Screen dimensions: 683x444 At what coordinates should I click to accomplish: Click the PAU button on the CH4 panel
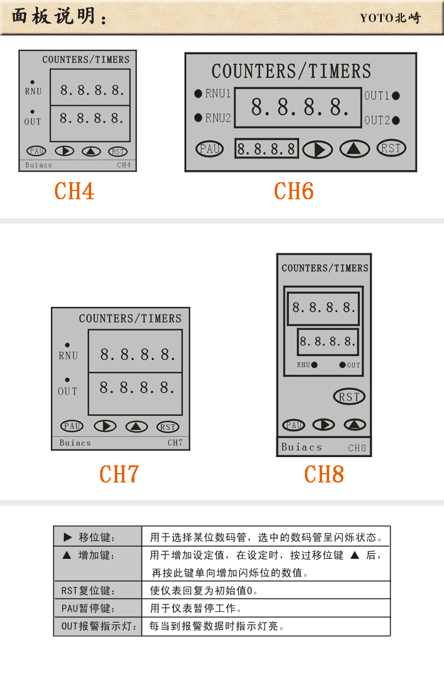pyautogui.click(x=36, y=151)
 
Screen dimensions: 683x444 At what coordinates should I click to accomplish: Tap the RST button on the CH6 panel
pyautogui.click(x=391, y=148)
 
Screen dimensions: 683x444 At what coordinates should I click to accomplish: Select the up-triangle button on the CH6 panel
pyautogui.click(x=355, y=149)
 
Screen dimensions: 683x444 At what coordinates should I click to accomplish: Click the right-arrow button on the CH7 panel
pyautogui.click(x=105, y=426)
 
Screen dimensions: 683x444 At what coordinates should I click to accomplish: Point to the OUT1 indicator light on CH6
pyautogui.click(x=395, y=95)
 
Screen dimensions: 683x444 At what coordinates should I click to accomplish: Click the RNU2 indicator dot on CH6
pyautogui.click(x=198, y=118)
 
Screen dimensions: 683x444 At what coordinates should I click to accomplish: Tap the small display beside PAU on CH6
pyautogui.click(x=266, y=149)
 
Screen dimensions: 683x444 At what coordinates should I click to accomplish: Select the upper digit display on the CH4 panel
pyautogui.click(x=90, y=88)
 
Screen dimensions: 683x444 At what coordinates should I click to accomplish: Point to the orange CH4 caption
pyautogui.click(x=74, y=191)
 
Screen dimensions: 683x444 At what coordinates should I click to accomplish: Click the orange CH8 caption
pyautogui.click(x=324, y=474)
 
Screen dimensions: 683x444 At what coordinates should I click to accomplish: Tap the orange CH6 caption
pyautogui.click(x=294, y=191)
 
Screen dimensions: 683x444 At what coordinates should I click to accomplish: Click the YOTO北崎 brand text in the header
pyautogui.click(x=390, y=18)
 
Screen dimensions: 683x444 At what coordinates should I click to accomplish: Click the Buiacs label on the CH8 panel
pyautogui.click(x=302, y=447)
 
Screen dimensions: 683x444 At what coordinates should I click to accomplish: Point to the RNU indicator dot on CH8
pyautogui.click(x=314, y=365)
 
